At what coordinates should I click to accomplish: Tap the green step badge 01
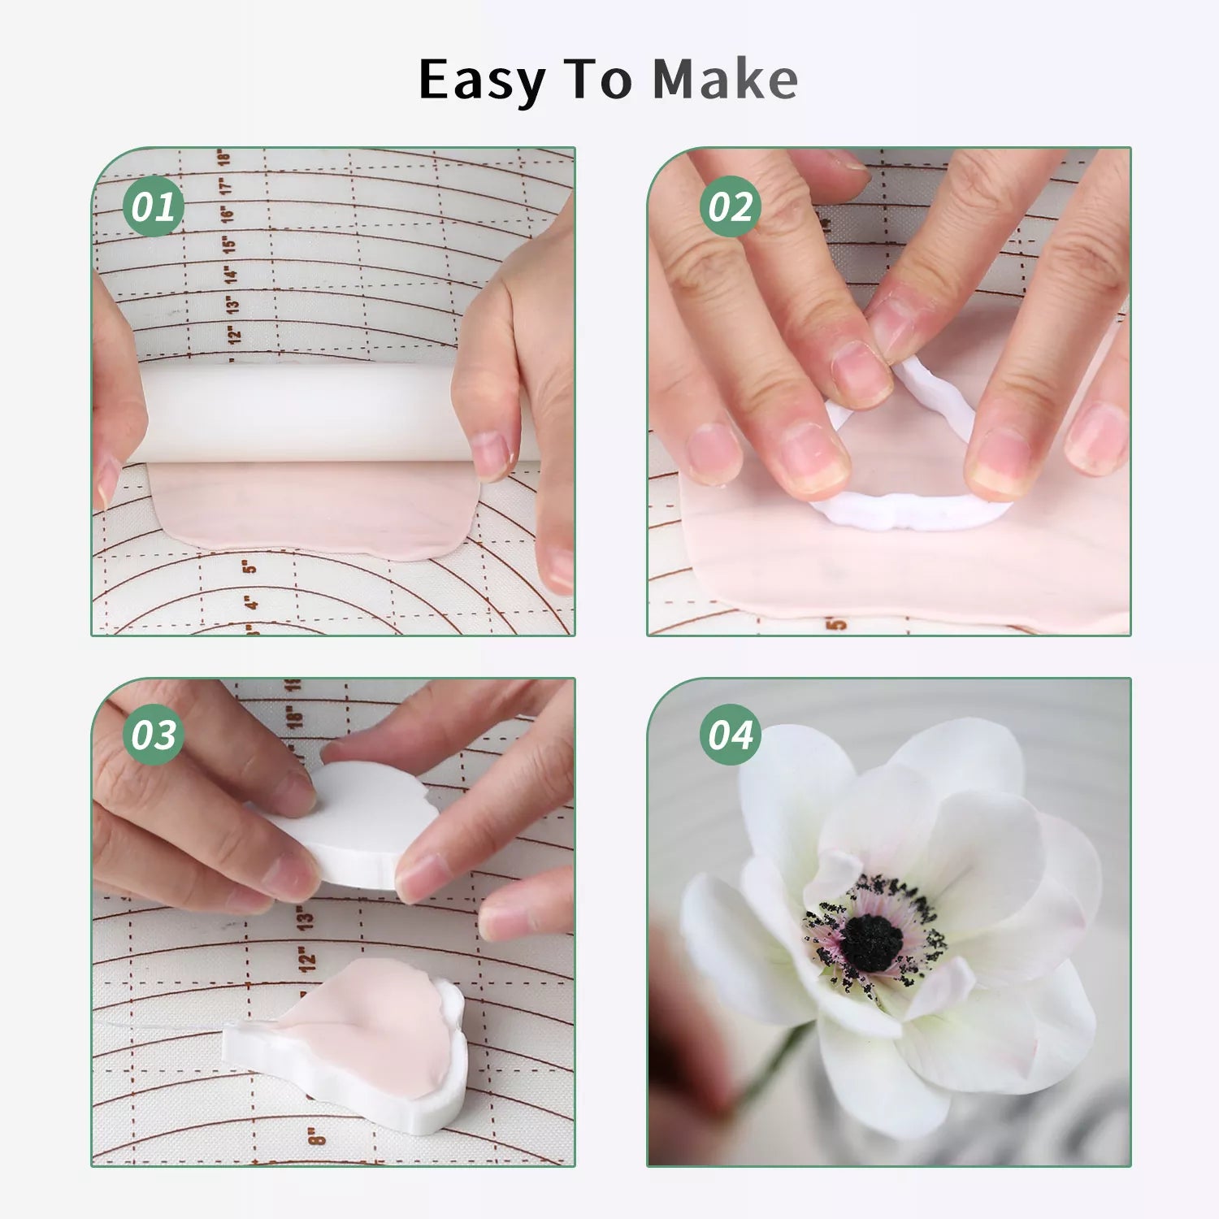pos(153,206)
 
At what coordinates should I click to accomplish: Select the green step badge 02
pos(730,206)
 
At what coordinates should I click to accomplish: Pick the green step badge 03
pos(153,735)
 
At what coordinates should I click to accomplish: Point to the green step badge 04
pos(730,735)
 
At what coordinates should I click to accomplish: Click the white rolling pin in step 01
pos(325,413)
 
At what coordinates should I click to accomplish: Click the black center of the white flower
pos(871,943)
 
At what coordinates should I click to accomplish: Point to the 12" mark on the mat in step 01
pos(235,333)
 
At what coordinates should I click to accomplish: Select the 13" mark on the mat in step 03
pos(304,918)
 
